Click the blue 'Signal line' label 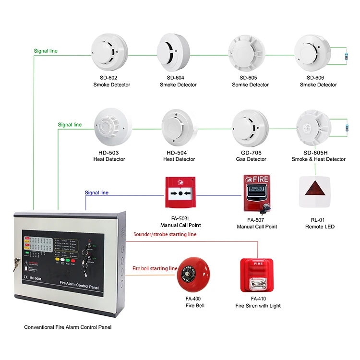96,193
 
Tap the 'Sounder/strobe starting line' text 164,234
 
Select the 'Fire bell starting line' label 155,269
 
